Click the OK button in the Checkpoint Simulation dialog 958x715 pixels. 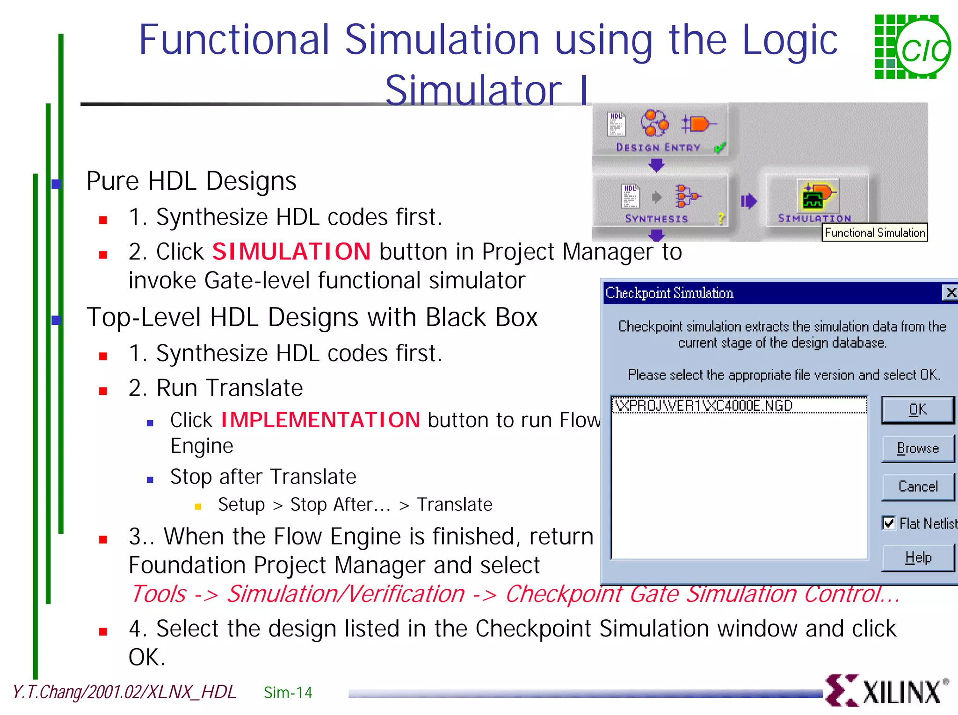click(917, 410)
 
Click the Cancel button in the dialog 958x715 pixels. click(917, 486)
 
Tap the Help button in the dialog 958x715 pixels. click(917, 558)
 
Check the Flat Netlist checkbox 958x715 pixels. click(888, 523)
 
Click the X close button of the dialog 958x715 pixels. click(951, 293)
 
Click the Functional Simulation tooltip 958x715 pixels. click(875, 232)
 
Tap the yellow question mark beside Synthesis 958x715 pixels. click(721, 218)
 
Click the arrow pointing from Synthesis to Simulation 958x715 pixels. click(748, 201)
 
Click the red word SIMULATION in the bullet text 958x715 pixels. click(291, 251)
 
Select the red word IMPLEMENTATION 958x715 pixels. click(320, 420)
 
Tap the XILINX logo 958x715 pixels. click(887, 691)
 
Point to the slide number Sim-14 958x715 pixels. click(288, 693)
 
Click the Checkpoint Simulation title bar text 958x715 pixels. click(669, 293)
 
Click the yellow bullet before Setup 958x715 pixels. click(198, 506)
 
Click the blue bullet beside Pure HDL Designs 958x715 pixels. click(56, 184)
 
